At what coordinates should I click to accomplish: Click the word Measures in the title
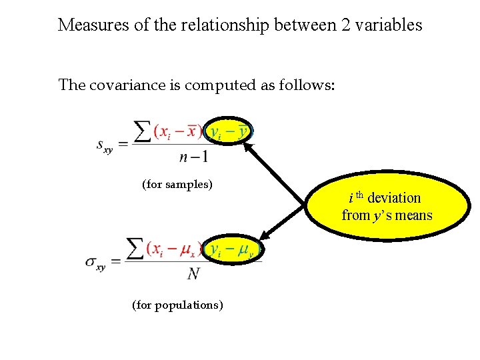[x=88, y=25]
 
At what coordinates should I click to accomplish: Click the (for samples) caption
[x=177, y=184]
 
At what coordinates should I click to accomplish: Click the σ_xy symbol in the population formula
[x=96, y=261]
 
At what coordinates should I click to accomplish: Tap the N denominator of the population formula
[x=194, y=273]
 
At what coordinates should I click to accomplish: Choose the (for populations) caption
[x=177, y=305]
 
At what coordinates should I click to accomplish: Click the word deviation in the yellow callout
[x=394, y=198]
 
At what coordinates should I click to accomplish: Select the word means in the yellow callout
[x=415, y=215]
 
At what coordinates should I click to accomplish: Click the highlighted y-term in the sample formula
[x=229, y=131]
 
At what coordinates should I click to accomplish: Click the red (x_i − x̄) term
[x=178, y=131]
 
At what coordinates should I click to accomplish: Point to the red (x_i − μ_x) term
[x=174, y=250]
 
